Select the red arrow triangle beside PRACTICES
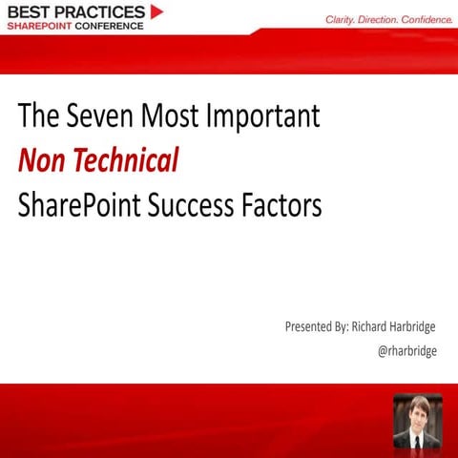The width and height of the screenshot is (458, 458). pyautogui.click(x=157, y=11)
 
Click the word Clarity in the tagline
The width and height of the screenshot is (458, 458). pyautogui.click(x=343, y=18)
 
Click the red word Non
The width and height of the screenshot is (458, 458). pyautogui.click(x=42, y=161)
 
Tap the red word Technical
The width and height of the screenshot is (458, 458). pyautogui.click(x=127, y=161)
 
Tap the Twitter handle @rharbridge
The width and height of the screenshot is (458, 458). pyautogui.click(x=407, y=351)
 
